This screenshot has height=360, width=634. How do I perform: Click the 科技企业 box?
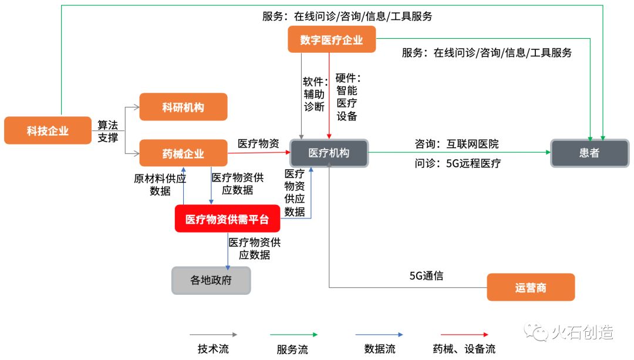48,130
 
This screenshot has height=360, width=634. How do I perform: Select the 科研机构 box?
183,107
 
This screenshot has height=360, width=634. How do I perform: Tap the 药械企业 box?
183,153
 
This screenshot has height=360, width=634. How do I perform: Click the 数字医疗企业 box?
331,40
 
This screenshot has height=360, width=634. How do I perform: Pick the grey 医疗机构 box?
329,153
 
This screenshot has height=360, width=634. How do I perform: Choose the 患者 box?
589,153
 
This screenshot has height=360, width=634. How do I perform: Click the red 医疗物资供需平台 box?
227,219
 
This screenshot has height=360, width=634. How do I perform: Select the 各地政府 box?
211,280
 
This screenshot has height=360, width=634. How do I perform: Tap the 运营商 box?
531,287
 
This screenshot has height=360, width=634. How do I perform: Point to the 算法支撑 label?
108,132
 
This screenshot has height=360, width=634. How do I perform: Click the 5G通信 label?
426,275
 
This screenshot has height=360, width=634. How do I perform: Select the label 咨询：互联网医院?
457,143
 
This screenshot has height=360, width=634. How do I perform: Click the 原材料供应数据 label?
160,184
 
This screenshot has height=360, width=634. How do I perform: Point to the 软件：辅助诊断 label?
313,94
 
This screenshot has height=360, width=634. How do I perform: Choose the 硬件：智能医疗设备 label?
347,96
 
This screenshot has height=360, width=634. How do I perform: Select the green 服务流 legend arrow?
294,335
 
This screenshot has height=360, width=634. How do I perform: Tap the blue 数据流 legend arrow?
379,335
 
